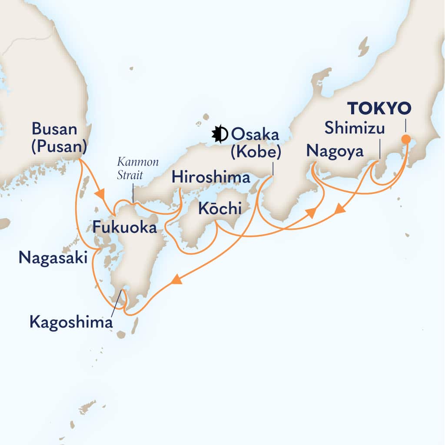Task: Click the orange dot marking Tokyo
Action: click(x=406, y=139)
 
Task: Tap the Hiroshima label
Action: click(x=211, y=177)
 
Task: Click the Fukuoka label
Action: click(x=124, y=226)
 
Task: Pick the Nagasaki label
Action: click(x=53, y=258)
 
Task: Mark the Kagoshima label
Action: click(x=71, y=322)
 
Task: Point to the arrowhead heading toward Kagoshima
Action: click(x=175, y=281)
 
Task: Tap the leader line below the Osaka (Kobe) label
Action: click(x=272, y=169)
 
